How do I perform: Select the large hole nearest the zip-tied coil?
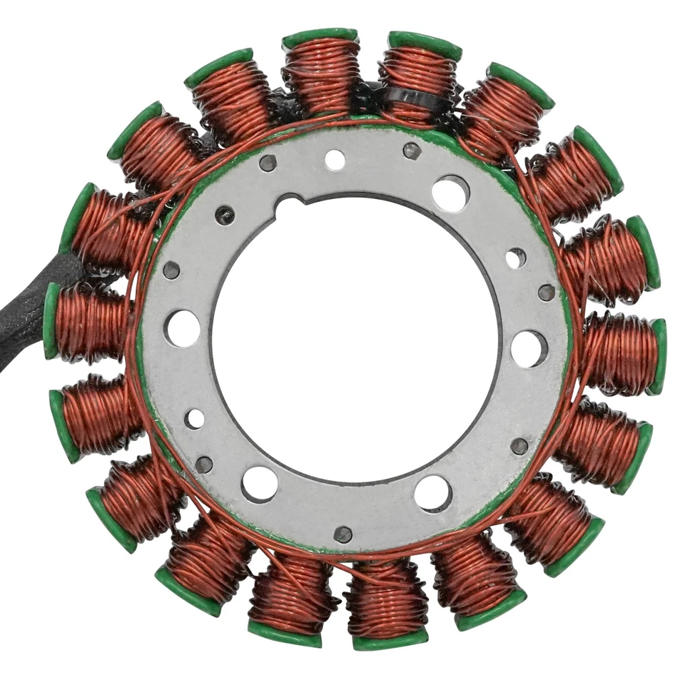(x=450, y=193)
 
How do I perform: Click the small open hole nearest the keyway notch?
(x=335, y=160)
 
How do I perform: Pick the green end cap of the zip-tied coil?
(x=425, y=44)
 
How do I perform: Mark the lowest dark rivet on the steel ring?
(x=343, y=534)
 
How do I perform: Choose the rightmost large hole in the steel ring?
(x=529, y=348)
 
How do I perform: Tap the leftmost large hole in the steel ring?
(x=182, y=328)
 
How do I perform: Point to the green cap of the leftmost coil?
(x=51, y=321)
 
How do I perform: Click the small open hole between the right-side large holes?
(x=516, y=258)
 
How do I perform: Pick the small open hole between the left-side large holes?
(x=194, y=419)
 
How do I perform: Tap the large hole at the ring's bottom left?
(x=260, y=484)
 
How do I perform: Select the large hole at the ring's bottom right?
(x=433, y=492)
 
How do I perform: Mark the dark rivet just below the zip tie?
(x=412, y=151)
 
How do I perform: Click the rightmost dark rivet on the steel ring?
(x=547, y=292)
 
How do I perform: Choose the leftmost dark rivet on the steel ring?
(x=171, y=270)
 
